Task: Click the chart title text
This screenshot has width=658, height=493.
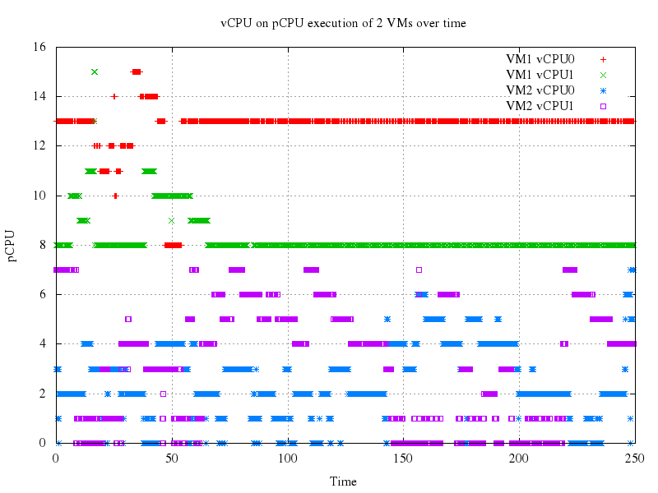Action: (x=343, y=23)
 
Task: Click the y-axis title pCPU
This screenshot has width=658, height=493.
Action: (x=12, y=245)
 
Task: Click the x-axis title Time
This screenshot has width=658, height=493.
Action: (x=343, y=481)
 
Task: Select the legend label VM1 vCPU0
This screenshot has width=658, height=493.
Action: (x=540, y=59)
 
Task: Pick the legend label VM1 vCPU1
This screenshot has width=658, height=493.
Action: (x=540, y=75)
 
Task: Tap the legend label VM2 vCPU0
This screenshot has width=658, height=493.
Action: (x=540, y=90)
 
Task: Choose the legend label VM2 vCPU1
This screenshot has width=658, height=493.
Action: (x=540, y=106)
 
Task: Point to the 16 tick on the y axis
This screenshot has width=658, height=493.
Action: (x=40, y=47)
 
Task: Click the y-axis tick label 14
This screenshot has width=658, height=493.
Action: (x=40, y=96)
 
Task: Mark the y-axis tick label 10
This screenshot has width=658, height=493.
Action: (x=40, y=196)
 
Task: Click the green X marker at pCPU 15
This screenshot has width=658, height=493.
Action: (x=95, y=71)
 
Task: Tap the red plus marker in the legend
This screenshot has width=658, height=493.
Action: (x=603, y=59)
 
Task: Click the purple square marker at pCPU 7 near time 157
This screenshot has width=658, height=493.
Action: (x=419, y=270)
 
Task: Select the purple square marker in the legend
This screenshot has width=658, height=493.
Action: (x=603, y=106)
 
